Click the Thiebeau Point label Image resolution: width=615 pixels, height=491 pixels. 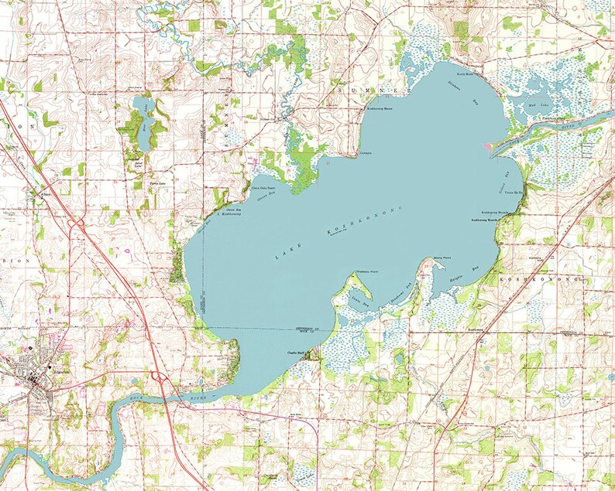pyautogui.click(x=356, y=271)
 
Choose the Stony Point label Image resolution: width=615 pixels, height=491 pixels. pyautogui.click(x=442, y=257)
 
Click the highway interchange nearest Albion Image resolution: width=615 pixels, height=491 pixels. pyautogui.click(x=77, y=223)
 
